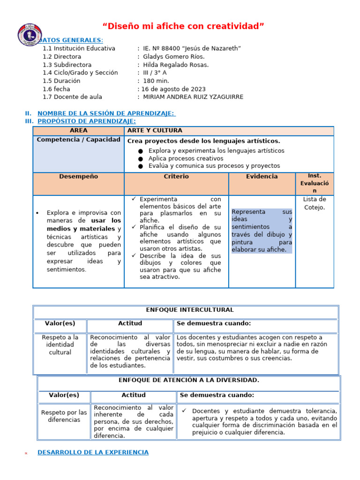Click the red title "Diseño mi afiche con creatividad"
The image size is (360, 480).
point(183,26)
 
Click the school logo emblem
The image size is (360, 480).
point(30,36)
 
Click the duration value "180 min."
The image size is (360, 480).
point(156,81)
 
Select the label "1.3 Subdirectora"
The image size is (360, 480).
point(67,65)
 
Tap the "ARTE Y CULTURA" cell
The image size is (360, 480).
point(155,130)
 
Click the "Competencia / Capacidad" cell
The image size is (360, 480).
point(78,140)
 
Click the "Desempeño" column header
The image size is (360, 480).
point(78,177)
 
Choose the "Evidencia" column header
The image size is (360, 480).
point(262,177)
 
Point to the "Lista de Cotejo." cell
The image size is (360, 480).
point(314,203)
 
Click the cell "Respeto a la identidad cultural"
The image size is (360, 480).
point(60,345)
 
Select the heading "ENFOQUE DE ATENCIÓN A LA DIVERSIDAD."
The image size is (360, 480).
point(189,380)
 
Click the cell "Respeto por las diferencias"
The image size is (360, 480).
point(64,416)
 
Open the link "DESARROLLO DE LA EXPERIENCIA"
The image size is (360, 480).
point(93,452)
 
